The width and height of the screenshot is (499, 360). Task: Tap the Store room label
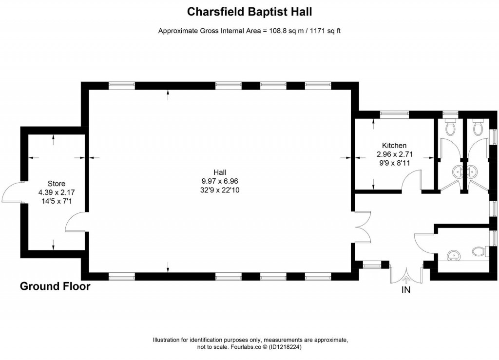56,184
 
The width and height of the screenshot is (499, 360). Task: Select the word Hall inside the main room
219,172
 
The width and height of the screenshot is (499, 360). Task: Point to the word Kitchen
394,145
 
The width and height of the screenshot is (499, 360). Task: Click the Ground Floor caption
55,286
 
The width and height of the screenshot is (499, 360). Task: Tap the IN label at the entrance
406,291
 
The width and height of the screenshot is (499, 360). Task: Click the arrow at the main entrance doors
406,279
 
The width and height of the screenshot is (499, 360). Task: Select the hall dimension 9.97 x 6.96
219,181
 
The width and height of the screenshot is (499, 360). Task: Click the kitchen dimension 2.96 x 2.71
394,154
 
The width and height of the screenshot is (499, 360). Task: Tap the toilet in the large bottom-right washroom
479,251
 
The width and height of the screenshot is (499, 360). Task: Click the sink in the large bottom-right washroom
453,255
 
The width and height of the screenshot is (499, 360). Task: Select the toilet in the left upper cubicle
450,127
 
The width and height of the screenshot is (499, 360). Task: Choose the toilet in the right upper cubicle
478,127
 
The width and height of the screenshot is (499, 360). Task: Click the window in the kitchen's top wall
394,114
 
